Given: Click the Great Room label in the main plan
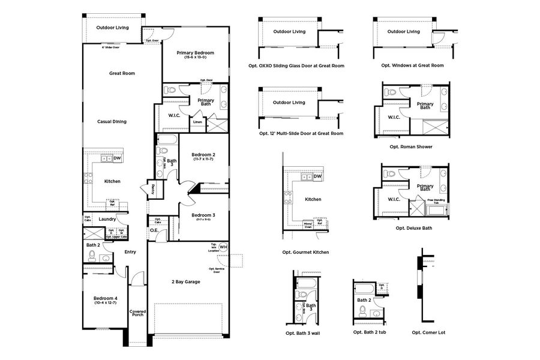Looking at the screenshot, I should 122,73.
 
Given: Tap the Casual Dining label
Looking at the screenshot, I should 112,122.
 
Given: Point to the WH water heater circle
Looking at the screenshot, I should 223,247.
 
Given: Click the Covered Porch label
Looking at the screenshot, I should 138,314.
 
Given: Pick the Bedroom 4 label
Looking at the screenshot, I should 106,299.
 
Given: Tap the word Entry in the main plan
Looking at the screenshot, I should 130,252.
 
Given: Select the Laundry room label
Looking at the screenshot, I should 107,219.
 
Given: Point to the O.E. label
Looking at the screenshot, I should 154,230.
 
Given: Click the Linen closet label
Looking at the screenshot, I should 197,122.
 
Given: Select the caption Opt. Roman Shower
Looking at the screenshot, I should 411,146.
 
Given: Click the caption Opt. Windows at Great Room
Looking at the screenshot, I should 412,65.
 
